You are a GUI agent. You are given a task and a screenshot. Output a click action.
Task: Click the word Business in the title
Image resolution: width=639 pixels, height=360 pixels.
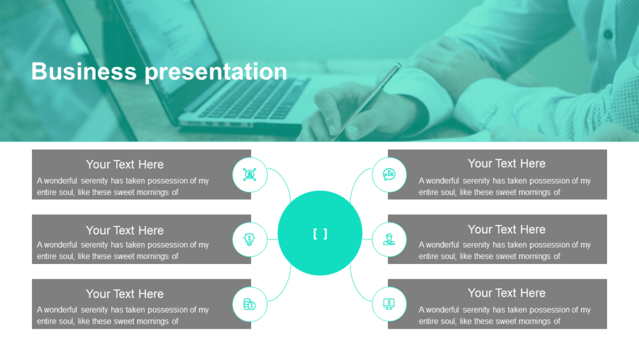tap(84, 72)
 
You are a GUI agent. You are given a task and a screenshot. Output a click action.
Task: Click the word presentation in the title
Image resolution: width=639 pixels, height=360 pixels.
tap(216, 72)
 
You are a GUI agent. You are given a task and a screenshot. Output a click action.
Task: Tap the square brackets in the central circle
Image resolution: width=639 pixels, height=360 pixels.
tap(320, 234)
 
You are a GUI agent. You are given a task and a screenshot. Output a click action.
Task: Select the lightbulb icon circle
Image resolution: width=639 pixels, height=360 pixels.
tap(249, 239)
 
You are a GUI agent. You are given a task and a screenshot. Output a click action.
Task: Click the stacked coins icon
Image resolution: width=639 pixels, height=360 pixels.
tap(249, 304)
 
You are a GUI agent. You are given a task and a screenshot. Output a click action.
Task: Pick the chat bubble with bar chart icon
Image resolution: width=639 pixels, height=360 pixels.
tap(389, 175)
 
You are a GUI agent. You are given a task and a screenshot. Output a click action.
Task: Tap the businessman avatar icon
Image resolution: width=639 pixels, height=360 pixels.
tap(389, 239)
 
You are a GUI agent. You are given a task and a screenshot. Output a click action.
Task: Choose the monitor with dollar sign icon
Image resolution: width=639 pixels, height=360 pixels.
tap(389, 304)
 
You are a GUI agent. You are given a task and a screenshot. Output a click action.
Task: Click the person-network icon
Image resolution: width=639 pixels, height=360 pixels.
tap(249, 175)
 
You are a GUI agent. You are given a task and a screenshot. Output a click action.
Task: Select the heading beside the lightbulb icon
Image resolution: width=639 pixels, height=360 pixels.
tap(125, 230)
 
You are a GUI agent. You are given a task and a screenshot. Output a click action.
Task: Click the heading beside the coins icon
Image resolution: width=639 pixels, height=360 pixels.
tap(125, 294)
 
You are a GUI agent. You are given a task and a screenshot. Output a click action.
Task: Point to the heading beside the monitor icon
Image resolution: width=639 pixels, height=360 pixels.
tap(507, 293)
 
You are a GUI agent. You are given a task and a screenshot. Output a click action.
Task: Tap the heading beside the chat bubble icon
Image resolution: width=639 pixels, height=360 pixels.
tap(507, 164)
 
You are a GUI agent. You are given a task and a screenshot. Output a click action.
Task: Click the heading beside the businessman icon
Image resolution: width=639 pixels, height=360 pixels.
tap(507, 230)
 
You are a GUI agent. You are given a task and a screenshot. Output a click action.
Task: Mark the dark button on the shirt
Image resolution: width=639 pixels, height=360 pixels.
tap(608, 35)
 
